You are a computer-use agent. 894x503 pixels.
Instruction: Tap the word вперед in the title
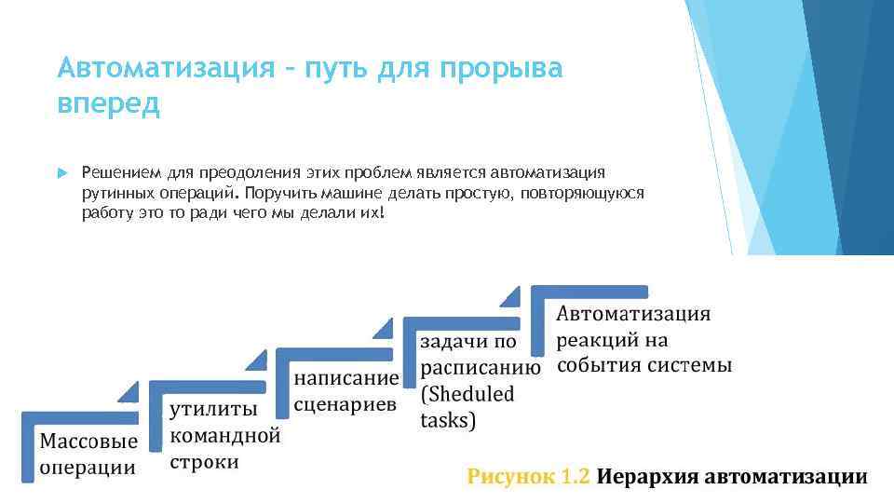(108, 103)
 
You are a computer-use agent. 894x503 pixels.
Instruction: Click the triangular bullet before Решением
(61, 172)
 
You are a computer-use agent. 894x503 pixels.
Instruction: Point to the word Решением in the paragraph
(122, 172)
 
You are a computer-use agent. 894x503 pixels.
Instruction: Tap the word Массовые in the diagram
(88, 439)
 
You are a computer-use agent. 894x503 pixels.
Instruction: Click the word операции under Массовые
(87, 467)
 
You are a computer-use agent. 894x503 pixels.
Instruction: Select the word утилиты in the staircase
(212, 409)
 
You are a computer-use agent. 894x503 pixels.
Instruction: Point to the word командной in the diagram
(224, 435)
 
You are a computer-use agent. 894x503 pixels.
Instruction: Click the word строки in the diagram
(204, 461)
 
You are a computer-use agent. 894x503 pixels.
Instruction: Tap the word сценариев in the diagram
(345, 404)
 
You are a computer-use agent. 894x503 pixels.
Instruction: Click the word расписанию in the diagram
(481, 367)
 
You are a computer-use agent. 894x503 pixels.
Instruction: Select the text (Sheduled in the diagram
(467, 393)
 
